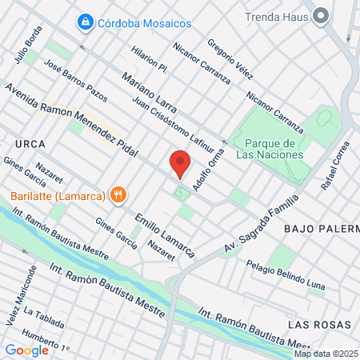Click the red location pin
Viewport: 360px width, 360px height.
pos(180,162)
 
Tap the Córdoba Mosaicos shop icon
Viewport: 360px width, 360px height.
pos(83,22)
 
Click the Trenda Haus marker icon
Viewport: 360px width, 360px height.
pos(322,15)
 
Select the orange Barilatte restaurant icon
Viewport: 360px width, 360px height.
pos(118,194)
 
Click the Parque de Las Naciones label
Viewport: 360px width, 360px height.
pos(268,148)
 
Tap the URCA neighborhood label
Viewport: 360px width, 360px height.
pos(30,143)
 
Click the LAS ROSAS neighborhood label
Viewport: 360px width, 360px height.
pos(321,324)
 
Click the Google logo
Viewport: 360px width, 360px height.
pos(26,350)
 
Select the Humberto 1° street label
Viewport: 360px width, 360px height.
pos(46,341)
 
